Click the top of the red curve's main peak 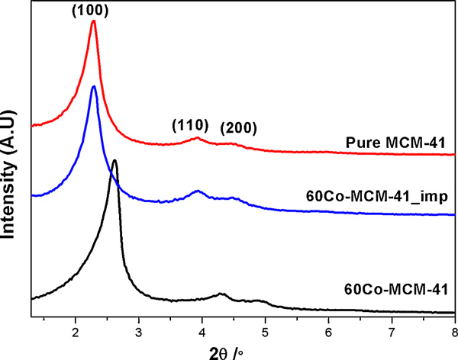click(93, 21)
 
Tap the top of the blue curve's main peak click(93, 87)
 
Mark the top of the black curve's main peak click(114, 161)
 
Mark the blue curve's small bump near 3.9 click(198, 191)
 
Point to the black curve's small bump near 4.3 click(221, 294)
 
